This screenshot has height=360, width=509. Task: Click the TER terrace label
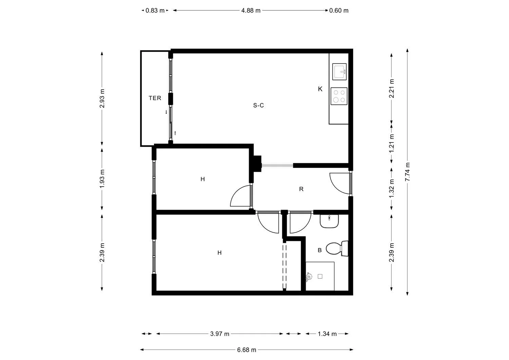pos(155,98)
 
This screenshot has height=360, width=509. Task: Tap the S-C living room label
pos(258,106)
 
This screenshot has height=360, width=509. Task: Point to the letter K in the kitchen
pos(320,89)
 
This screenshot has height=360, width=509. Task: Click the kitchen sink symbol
pos(339,72)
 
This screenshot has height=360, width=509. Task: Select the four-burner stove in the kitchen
pos(339,96)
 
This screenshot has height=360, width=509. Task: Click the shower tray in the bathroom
pos(320,276)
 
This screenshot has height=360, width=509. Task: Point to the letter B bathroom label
pos(319,250)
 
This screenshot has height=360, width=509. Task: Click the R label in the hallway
pos(301,189)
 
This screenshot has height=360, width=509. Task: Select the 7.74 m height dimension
pos(408,172)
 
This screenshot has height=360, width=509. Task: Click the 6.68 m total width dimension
pos(247,350)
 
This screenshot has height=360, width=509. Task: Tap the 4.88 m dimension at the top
pos(251,11)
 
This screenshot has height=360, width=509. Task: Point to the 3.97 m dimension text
pos(220,334)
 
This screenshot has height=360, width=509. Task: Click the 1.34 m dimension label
pos(327,334)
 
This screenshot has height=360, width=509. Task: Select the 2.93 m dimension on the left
pos(102,98)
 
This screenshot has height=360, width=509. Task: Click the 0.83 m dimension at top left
pos(155,11)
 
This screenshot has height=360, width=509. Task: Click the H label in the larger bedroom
pos(220,253)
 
